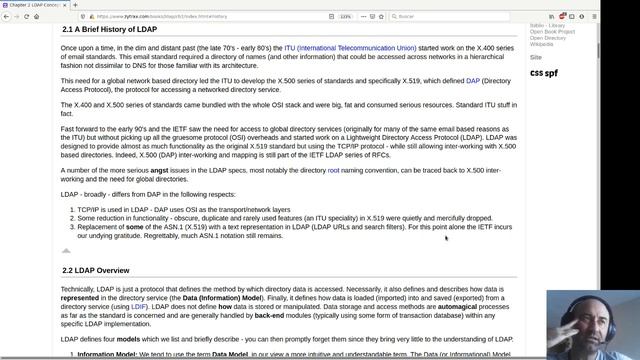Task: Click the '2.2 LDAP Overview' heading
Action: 96,270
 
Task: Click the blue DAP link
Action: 473,80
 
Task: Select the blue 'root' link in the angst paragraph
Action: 333,171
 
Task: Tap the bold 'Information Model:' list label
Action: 109,353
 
